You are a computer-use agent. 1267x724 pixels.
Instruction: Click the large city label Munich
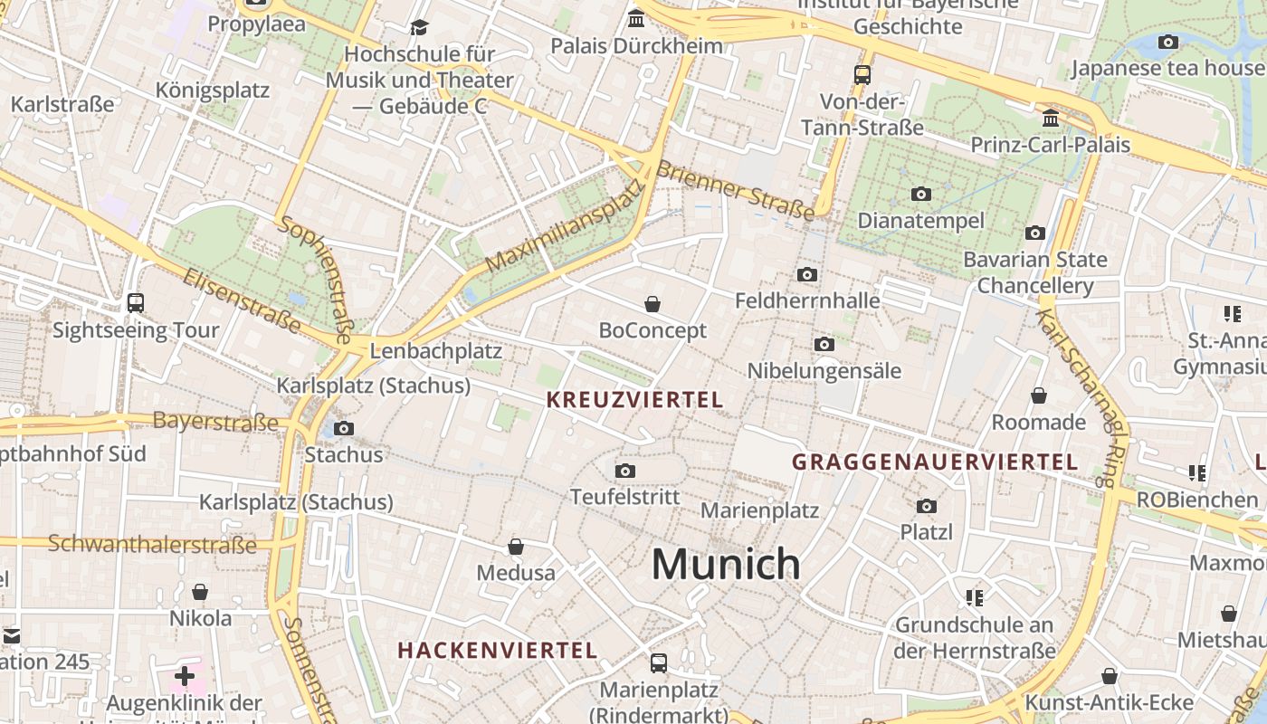click(726, 565)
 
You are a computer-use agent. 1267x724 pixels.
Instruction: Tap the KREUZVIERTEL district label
click(635, 399)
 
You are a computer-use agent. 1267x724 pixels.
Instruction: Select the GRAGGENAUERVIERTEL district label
click(935, 462)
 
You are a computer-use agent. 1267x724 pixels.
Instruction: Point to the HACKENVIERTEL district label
click(498, 650)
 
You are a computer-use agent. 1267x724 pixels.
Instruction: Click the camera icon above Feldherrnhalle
click(807, 274)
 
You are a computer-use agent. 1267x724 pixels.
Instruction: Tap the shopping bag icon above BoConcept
click(652, 304)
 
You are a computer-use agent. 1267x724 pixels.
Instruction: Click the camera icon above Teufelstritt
click(624, 471)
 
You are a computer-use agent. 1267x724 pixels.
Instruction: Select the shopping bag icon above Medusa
click(515, 547)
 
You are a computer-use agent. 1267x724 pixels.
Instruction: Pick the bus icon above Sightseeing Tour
click(136, 303)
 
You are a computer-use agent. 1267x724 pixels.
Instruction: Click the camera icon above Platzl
click(926, 506)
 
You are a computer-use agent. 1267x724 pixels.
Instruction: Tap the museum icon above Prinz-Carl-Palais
click(1051, 119)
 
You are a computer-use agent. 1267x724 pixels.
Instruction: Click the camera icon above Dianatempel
click(920, 194)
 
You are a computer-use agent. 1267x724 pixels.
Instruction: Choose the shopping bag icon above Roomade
click(1038, 395)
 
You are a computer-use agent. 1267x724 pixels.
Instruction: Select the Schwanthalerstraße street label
click(152, 544)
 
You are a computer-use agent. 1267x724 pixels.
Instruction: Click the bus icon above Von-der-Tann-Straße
click(862, 75)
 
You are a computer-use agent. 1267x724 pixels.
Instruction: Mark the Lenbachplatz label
click(436, 351)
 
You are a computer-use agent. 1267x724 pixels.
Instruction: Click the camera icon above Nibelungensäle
click(824, 344)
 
